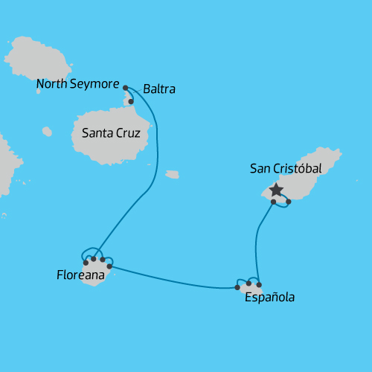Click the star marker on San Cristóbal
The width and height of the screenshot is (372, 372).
click(277, 190)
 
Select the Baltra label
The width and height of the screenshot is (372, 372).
click(159, 89)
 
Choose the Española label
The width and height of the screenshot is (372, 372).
click(269, 298)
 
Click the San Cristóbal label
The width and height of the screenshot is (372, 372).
click(286, 169)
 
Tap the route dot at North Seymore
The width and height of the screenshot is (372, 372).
click(125, 87)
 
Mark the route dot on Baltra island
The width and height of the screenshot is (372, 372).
click(131, 101)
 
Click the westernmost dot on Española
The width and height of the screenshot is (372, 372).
click(237, 287)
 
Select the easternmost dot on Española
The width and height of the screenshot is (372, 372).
click(259, 284)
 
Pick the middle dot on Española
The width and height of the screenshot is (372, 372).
click(248, 283)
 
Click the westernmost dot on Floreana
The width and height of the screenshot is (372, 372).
click(86, 263)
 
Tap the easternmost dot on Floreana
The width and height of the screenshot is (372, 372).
click(109, 266)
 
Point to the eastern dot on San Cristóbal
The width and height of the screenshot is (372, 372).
click(288, 201)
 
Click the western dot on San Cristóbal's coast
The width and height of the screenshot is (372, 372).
click(273, 202)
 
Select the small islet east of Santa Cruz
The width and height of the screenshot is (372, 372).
click(172, 175)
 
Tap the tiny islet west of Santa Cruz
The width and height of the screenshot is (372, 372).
click(47, 132)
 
